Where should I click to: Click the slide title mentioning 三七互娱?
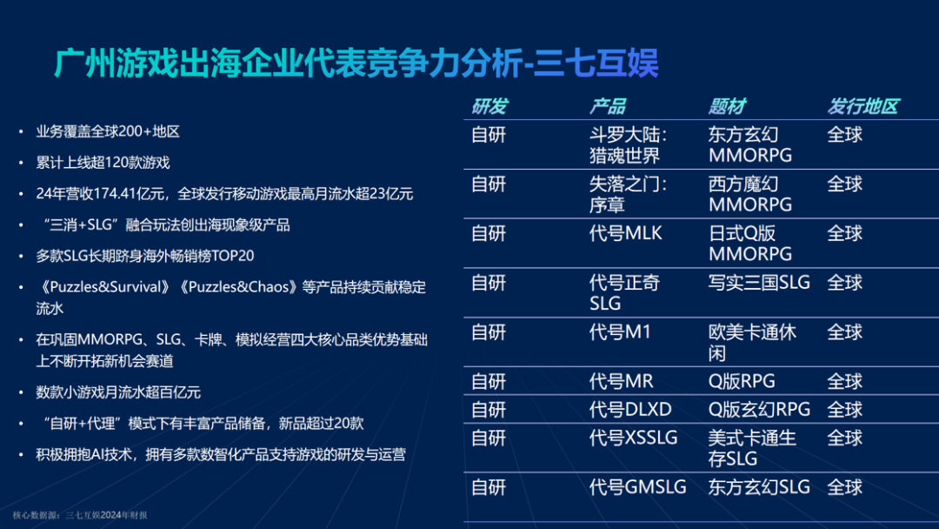tap(356, 64)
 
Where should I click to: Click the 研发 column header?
tap(489, 107)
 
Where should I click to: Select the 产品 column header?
tap(608, 107)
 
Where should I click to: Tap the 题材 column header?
tap(727, 107)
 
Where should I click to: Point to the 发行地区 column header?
tap(862, 107)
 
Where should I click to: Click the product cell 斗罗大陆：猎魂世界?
tap(629, 145)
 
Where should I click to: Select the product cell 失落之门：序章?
tap(629, 194)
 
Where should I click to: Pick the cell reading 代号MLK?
tap(626, 233)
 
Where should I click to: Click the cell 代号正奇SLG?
tap(624, 292)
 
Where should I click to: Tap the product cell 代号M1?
tap(620, 331)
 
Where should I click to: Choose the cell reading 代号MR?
tap(622, 381)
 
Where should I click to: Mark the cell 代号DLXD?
tap(630, 409)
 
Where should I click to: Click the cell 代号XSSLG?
tap(633, 438)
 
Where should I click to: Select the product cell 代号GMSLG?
tap(637, 487)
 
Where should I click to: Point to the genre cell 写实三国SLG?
tap(759, 283)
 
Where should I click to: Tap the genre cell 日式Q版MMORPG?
tap(750, 244)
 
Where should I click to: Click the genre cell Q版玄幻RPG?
tap(759, 409)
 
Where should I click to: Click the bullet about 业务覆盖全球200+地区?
tap(108, 132)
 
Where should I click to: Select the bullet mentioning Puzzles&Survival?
tap(230, 297)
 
